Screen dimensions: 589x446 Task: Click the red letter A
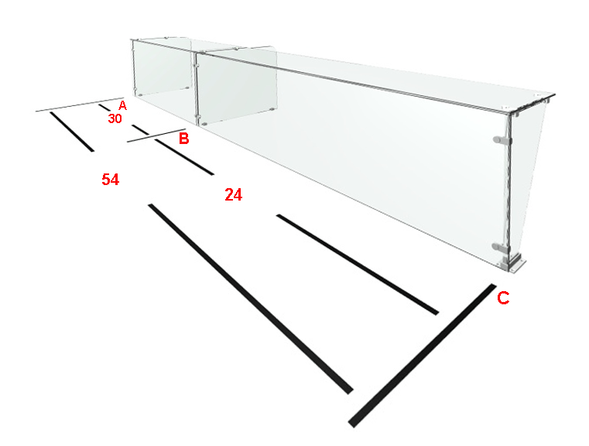(122, 105)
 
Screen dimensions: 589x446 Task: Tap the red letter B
(183, 139)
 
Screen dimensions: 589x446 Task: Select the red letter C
(503, 298)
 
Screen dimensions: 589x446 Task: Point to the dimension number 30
(115, 118)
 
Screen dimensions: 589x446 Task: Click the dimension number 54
(111, 180)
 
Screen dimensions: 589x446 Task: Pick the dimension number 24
(233, 195)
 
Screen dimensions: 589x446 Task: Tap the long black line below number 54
(251, 299)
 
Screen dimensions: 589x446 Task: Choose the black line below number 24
(358, 264)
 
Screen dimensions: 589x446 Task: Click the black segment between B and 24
(184, 156)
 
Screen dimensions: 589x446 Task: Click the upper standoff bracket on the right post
(502, 140)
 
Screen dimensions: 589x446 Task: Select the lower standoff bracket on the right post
(501, 247)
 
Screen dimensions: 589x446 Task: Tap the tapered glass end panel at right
(525, 180)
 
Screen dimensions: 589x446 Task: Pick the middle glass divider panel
(237, 86)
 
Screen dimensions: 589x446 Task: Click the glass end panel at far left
(162, 68)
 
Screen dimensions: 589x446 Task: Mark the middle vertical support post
(196, 87)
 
